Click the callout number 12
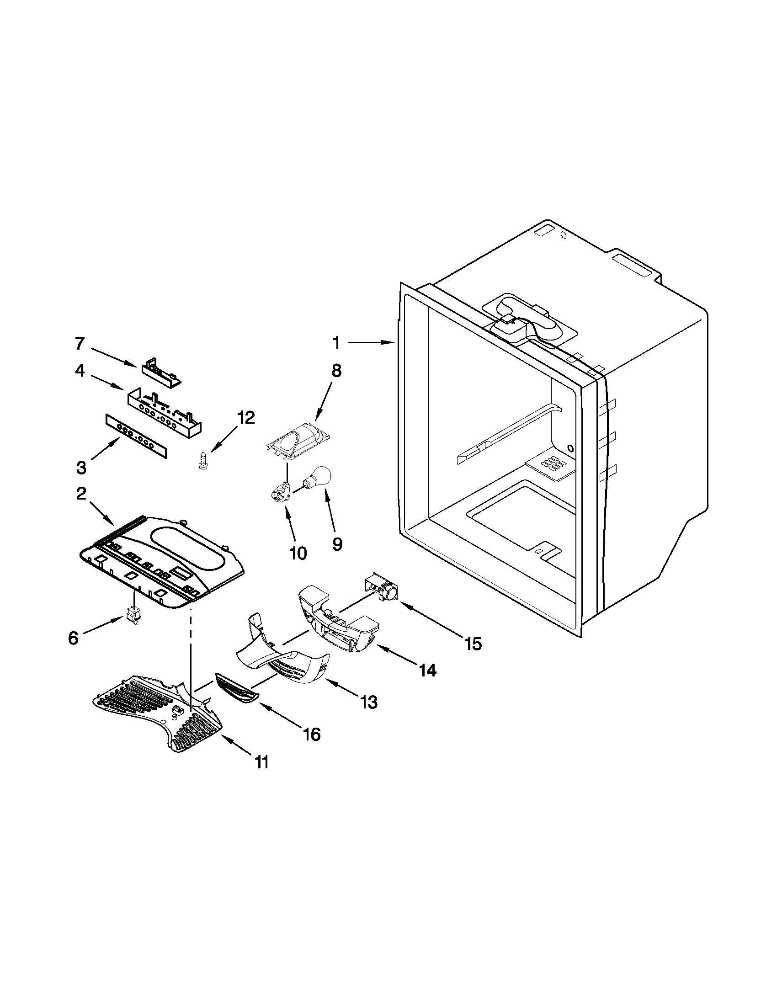click(x=245, y=418)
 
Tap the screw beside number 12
click(x=201, y=461)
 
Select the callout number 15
click(x=473, y=644)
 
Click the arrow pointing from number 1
click(x=371, y=342)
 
